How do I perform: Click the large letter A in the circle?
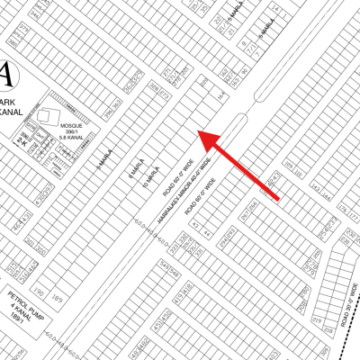[6, 71]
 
